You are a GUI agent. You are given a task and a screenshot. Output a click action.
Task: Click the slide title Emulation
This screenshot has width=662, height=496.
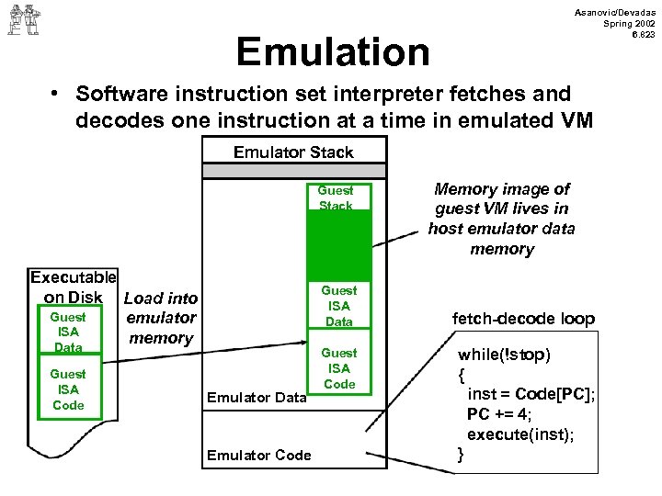point(333,52)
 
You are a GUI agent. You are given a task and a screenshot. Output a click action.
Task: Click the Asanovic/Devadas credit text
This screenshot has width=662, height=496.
point(615,23)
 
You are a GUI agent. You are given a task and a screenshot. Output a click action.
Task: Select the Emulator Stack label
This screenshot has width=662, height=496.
point(292,152)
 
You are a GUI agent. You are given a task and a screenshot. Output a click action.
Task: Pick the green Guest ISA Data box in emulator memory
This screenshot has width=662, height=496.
point(338,306)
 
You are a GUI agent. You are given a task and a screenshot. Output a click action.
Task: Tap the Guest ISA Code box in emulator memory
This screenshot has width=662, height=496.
point(338,368)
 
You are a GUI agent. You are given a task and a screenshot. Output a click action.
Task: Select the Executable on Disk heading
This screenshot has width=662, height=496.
point(74,286)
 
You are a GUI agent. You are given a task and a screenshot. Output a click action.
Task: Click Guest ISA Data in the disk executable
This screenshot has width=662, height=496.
point(67,332)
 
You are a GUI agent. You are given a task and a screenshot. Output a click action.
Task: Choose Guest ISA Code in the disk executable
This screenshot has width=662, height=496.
point(67,389)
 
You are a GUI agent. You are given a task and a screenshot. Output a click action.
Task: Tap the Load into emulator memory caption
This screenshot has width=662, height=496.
point(160,318)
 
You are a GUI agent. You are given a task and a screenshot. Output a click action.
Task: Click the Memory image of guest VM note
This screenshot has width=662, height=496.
point(501,219)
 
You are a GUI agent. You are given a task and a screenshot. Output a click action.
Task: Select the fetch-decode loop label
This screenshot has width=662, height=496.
point(523,319)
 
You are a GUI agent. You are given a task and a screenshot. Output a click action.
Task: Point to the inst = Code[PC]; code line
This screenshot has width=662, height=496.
point(531,394)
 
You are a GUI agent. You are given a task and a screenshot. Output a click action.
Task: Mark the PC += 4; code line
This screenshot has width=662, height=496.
point(501,414)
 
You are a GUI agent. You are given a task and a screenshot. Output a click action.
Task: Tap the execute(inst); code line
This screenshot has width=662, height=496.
point(521,434)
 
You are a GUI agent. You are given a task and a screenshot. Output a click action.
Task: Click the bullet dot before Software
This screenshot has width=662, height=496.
point(57,95)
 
